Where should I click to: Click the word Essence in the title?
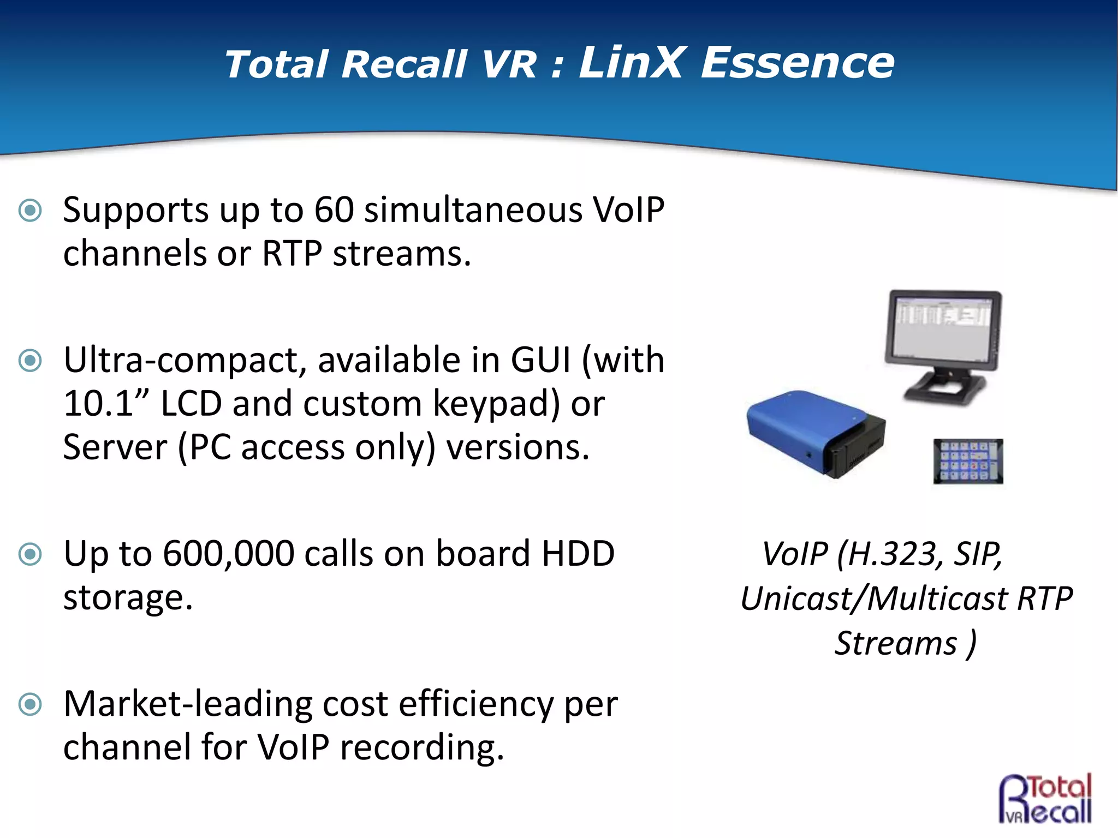[x=797, y=63]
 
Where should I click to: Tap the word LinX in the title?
[x=630, y=63]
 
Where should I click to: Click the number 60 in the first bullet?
[x=334, y=210]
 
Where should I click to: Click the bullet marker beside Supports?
[x=30, y=211]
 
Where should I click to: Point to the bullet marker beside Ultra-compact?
[x=30, y=361]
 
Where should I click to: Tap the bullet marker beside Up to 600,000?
[x=30, y=554]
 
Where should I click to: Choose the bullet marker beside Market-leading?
[x=30, y=704]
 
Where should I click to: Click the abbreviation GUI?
[x=540, y=361]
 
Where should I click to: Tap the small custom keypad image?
[x=968, y=461]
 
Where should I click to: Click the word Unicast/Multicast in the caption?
[x=874, y=599]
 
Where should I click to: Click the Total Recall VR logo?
[x=1045, y=798]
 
